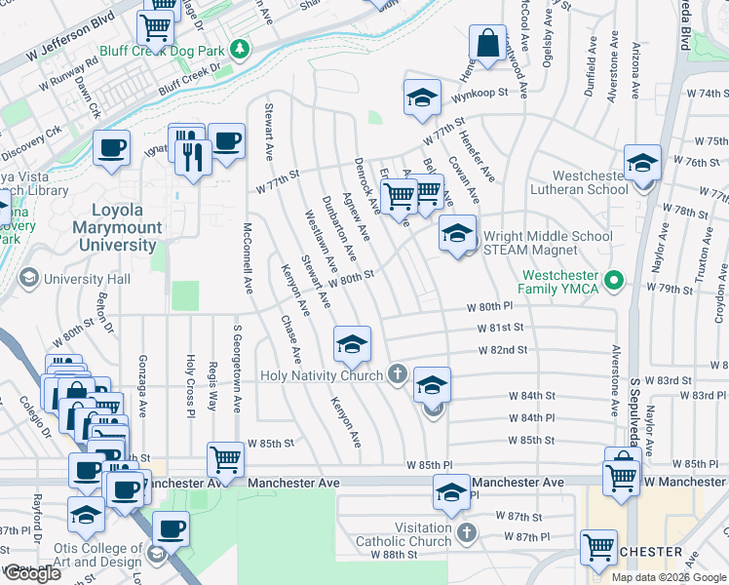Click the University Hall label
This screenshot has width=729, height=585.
[87, 280]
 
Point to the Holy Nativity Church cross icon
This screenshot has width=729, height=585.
[397, 374]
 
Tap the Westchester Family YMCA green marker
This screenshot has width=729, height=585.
[613, 281]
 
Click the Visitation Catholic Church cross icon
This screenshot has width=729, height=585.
[466, 533]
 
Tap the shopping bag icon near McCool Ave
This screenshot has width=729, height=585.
[486, 44]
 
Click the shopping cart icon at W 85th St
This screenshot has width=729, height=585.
[225, 458]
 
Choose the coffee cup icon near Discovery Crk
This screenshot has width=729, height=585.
[111, 148]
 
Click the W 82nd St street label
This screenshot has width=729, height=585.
[503, 349]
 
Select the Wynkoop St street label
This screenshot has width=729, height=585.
[480, 93]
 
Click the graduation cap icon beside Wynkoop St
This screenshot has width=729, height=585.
[422, 97]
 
